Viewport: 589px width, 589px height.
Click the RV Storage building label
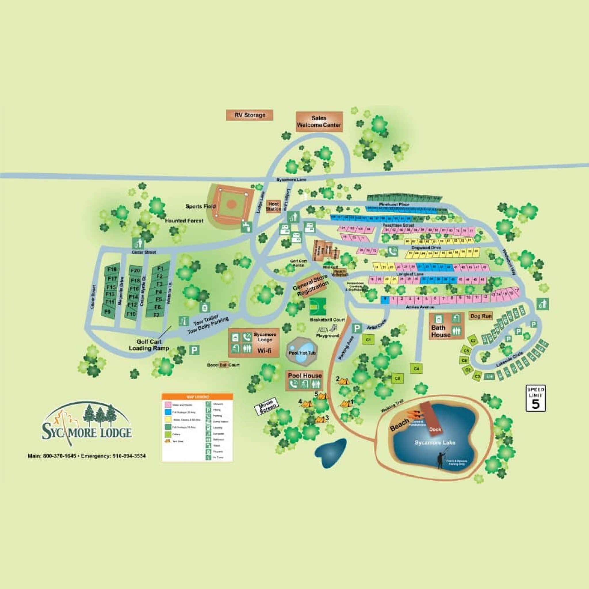tap(249, 115)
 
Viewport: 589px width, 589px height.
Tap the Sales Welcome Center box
tap(319, 122)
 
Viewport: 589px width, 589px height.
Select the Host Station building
tap(274, 206)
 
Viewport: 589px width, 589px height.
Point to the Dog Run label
tap(481, 316)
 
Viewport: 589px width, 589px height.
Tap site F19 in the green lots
tap(112, 269)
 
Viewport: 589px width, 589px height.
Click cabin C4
tap(417, 369)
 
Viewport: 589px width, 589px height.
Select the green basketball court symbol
tap(318, 306)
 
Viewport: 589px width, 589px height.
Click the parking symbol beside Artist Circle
tap(357, 328)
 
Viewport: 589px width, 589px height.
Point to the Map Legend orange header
tap(197, 397)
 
